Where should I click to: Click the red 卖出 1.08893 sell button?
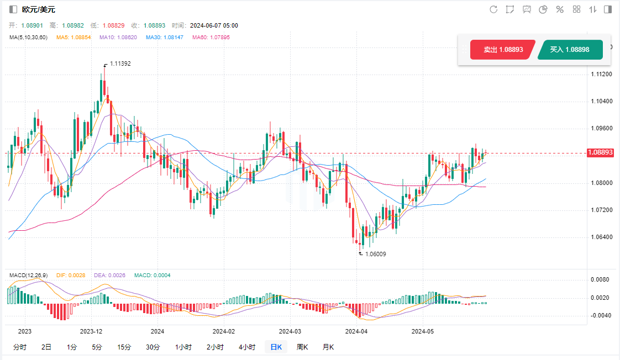[x=502, y=50]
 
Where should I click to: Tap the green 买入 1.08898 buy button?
[x=569, y=50]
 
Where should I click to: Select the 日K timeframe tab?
[x=276, y=347]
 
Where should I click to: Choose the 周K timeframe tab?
[x=302, y=347]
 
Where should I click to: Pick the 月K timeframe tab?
[x=328, y=347]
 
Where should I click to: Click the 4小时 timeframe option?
[x=247, y=347]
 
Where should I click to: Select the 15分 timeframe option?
[x=124, y=347]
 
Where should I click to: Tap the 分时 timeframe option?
[x=19, y=347]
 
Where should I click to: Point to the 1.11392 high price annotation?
[x=120, y=63]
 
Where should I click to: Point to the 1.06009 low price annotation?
[x=375, y=255]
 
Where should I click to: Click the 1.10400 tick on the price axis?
[x=601, y=102]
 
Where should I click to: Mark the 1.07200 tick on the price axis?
[x=601, y=210]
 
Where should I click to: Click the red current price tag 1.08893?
[x=601, y=152]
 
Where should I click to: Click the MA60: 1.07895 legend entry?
[x=211, y=38]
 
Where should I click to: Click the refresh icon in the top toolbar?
[x=493, y=9]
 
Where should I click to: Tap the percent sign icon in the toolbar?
[x=560, y=9]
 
